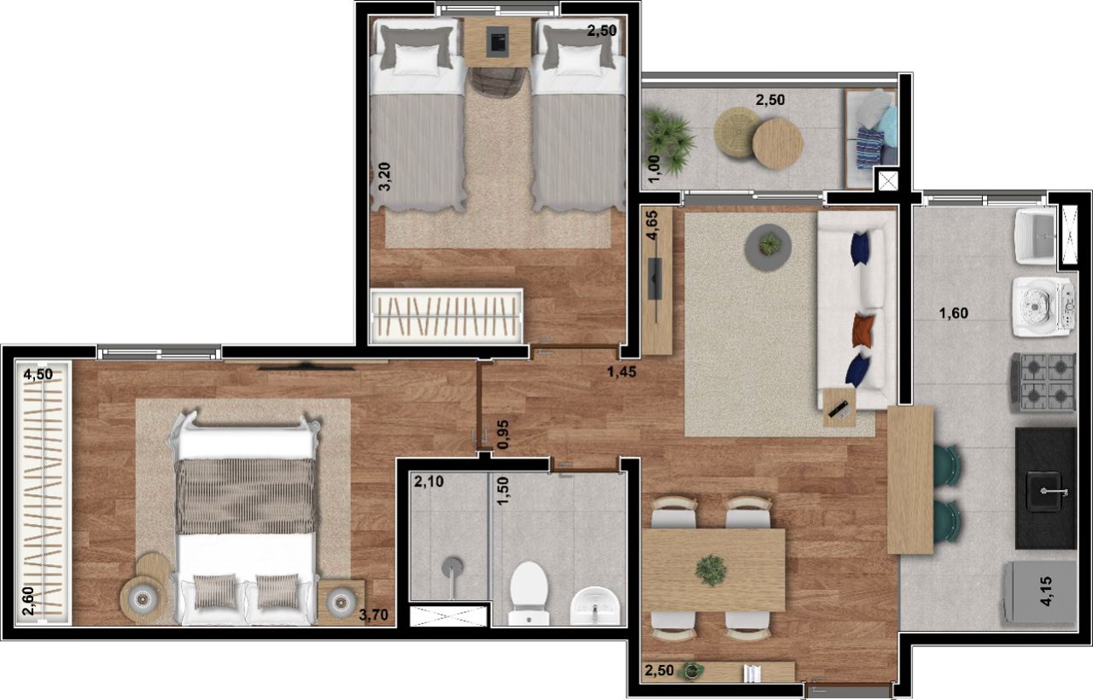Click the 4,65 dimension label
652,225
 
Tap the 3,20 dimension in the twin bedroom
384,177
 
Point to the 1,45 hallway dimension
621,371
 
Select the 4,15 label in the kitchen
1046,592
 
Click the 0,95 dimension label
502,435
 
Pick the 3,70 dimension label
373,615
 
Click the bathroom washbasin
595,606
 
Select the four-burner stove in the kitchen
1043,382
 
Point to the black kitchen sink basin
1044,491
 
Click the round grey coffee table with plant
768,248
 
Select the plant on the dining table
711,570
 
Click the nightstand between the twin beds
497,43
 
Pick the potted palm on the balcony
668,141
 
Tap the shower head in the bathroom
453,568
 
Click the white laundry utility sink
1037,236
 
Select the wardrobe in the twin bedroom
447,316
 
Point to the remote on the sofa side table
839,408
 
